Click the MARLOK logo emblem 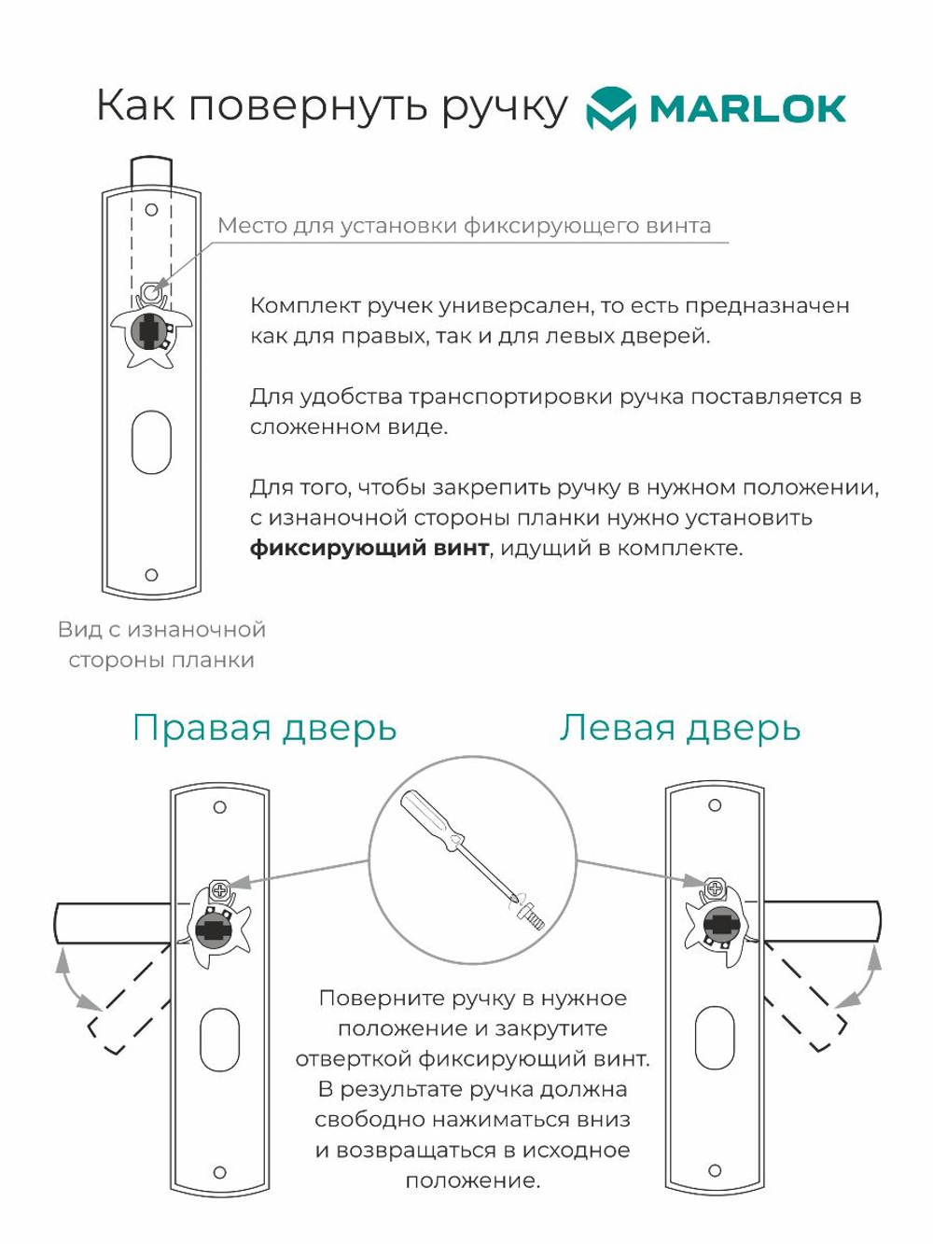coord(610,108)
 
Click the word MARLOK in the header coord(747,109)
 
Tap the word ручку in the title coord(504,106)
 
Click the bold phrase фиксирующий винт coord(369,548)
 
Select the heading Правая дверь coord(265,728)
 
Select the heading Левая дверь coord(680,728)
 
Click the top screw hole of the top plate coord(151,210)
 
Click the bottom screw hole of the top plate coord(151,575)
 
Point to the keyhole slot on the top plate coord(151,442)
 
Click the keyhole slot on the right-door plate coord(220,1040)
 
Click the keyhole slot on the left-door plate coord(715,1038)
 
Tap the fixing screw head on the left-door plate coord(715,889)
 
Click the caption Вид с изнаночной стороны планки coord(161,645)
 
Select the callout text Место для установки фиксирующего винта coord(465,226)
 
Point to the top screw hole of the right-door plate coord(220,807)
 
